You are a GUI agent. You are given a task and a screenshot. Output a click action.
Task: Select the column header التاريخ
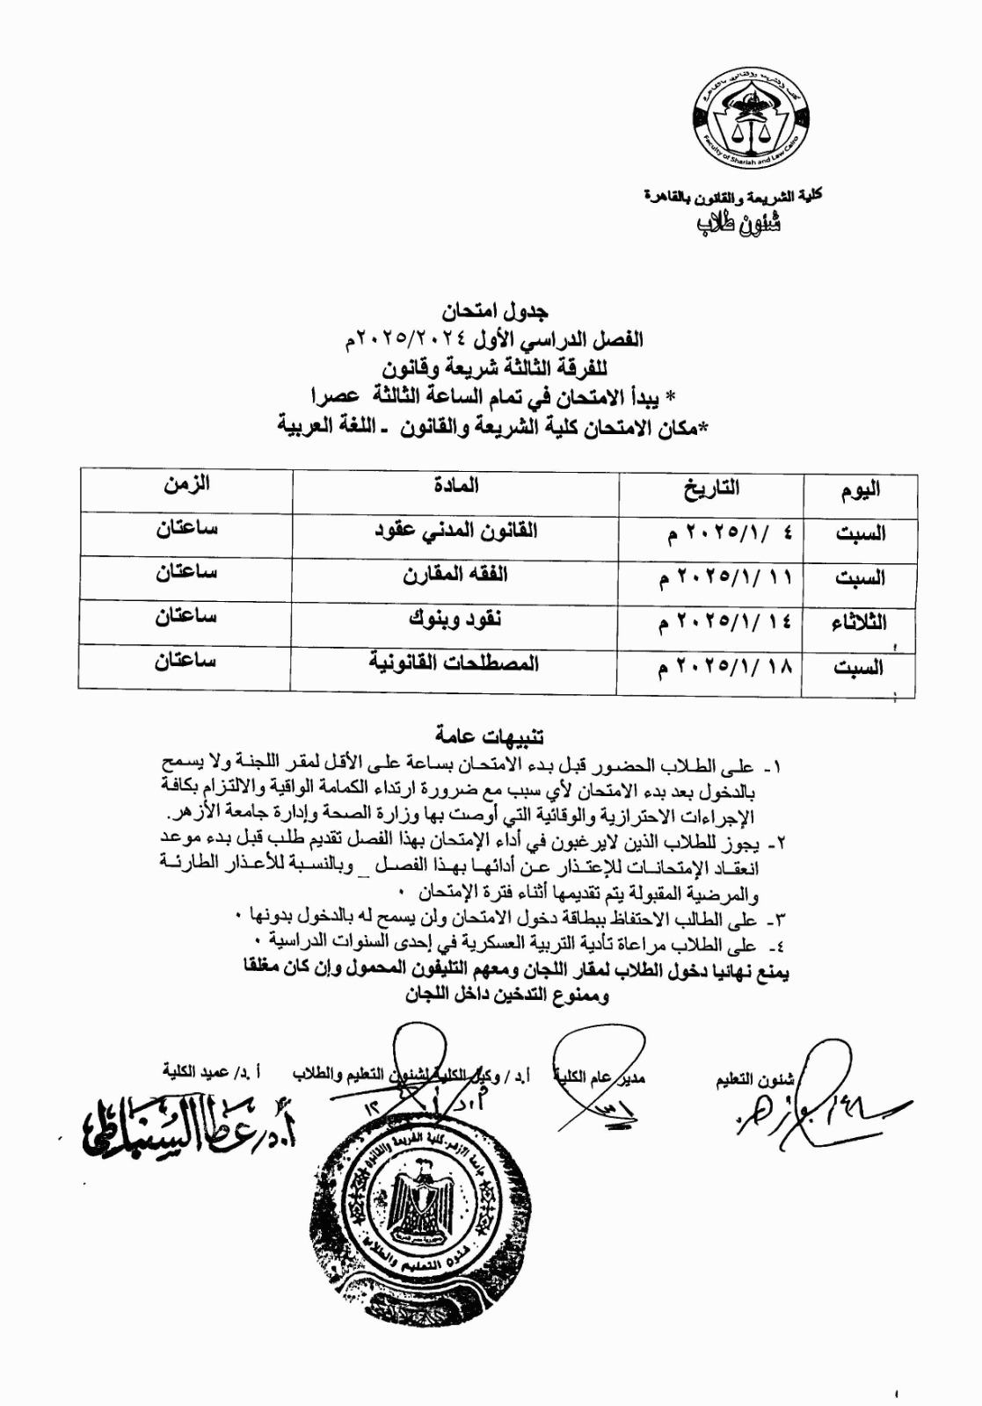point(711,488)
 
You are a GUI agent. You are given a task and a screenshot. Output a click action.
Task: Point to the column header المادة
point(455,484)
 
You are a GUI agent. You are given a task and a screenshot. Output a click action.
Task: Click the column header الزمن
point(186,483)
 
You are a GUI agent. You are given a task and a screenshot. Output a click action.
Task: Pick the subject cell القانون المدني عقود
point(455,531)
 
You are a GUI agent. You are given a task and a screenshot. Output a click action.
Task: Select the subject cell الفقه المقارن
point(455,576)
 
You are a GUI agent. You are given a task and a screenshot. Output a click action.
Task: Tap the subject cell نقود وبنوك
point(455,620)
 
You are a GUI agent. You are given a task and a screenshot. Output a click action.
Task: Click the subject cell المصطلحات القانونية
point(454,663)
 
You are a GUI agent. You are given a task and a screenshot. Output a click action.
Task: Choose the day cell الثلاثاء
point(858,623)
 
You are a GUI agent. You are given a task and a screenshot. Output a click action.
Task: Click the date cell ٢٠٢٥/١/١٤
point(724,623)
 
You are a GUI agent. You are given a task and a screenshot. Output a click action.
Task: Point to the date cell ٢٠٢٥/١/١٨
point(724,668)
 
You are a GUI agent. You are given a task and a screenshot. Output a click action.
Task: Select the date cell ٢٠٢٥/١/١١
point(724,578)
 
